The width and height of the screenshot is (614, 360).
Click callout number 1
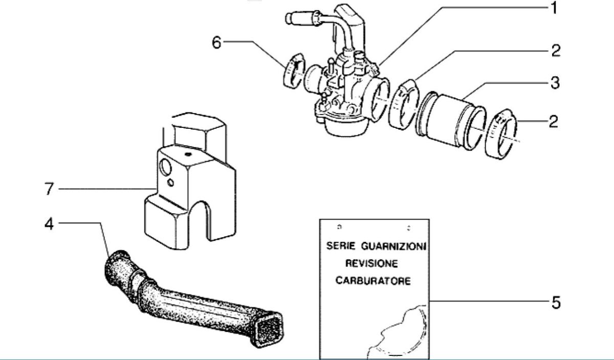coord(553,9)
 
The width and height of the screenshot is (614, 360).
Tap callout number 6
coord(217,42)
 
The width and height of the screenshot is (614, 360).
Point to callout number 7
coord(49,190)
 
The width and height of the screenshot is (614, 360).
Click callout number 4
coord(49,223)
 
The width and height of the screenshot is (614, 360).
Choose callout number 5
coord(556,302)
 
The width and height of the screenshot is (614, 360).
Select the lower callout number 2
coord(553,122)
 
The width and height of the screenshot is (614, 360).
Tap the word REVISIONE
coord(371,263)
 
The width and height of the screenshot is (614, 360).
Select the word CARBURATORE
coord(373,281)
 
